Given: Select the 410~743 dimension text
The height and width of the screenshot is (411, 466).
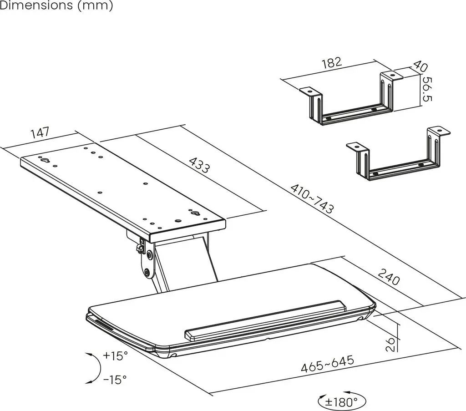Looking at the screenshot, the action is (x=312, y=199).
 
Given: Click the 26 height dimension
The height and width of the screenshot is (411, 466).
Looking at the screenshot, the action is (x=391, y=344).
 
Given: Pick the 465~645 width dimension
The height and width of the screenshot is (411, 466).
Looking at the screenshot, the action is (x=328, y=364).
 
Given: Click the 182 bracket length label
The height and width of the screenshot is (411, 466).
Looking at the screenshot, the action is (x=332, y=63).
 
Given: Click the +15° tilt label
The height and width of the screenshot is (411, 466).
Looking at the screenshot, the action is (x=115, y=355).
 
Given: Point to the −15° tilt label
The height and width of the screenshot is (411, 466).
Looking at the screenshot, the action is (x=115, y=379).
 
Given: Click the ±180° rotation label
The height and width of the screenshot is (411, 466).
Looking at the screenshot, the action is (x=341, y=402).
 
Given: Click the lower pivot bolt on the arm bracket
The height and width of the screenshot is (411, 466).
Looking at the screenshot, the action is (x=147, y=272).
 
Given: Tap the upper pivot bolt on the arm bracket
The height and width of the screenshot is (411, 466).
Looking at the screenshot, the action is (x=150, y=255).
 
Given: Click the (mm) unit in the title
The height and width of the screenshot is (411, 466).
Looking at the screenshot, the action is (x=95, y=5).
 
